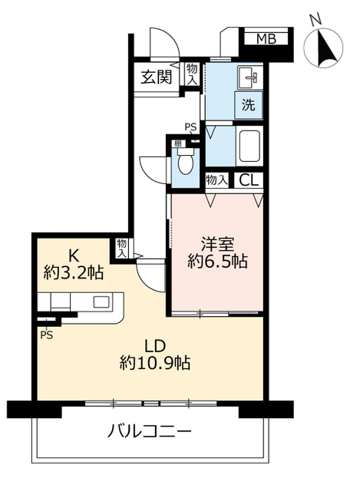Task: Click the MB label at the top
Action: point(266,38)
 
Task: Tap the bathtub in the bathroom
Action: point(251,146)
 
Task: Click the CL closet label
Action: point(248,181)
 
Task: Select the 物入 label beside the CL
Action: point(217,181)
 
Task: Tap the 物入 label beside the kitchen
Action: point(121,248)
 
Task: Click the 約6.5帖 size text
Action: point(219,262)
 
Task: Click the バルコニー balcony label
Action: point(149,431)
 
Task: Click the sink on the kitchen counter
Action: point(102,301)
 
